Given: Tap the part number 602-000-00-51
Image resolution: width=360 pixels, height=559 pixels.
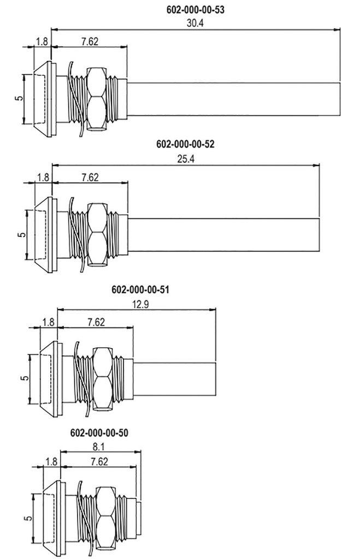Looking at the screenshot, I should click(x=140, y=289).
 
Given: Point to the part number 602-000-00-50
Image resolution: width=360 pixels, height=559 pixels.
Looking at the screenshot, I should click(x=99, y=433).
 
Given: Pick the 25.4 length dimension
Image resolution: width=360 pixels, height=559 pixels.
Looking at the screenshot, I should click(x=186, y=159).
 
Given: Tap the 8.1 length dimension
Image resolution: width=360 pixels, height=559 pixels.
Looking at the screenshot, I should click(x=99, y=447).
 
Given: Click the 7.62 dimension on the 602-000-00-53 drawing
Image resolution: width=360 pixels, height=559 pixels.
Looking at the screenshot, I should click(x=90, y=41).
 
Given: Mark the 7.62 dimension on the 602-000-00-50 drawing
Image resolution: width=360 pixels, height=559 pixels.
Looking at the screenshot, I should click(x=97, y=461).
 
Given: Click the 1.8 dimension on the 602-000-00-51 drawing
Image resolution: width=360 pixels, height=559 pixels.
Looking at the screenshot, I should click(x=49, y=322).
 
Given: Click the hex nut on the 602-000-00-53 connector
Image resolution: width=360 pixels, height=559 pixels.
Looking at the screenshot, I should click(x=97, y=99).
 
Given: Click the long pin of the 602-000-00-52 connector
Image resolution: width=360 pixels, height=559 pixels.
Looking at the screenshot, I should click(x=224, y=234).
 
